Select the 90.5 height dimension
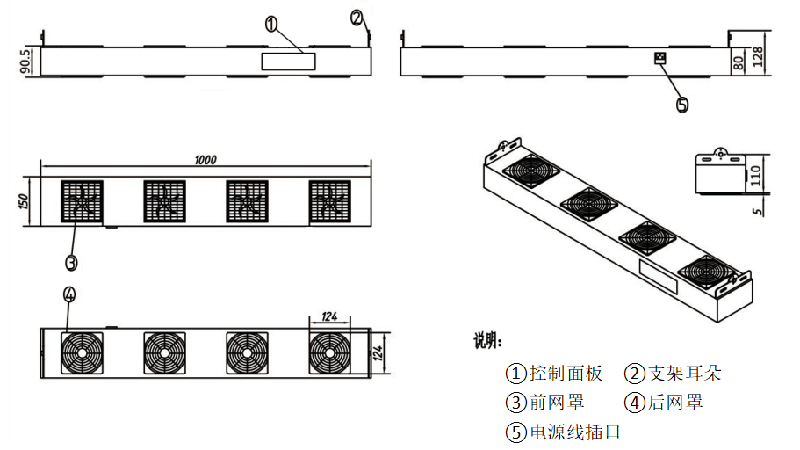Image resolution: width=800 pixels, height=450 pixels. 25,62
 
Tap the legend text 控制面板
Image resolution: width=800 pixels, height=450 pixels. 566,374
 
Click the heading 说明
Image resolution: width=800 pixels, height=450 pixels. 488,341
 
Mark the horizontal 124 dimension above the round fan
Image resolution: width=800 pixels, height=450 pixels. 329,316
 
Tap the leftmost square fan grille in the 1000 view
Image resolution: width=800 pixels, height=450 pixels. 82,201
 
